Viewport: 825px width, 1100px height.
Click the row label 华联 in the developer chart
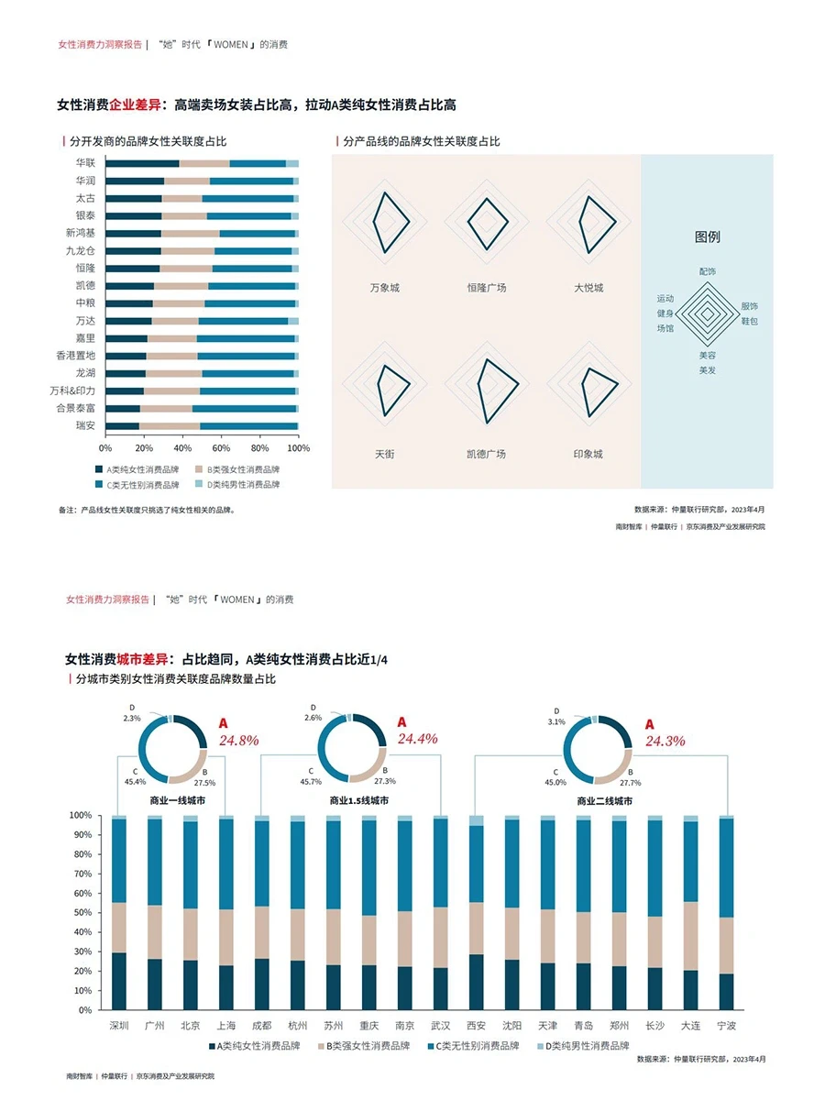coord(85,162)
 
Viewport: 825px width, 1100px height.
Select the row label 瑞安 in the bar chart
coord(85,425)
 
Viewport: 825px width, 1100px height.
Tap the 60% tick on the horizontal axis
coord(221,448)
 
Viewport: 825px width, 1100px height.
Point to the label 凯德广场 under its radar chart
coord(486,454)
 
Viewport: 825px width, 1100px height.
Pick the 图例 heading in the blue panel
coord(707,236)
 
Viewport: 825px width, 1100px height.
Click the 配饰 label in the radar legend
coord(707,271)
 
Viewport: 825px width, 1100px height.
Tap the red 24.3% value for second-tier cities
coord(665,741)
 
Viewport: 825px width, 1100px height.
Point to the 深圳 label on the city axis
coord(119,1025)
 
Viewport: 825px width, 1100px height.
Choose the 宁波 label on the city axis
coord(726,1025)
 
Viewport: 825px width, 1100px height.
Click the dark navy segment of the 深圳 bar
coord(119,981)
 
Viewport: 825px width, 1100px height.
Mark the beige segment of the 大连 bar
coord(690,935)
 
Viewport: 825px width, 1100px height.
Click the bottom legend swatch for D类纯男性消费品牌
coord(540,1046)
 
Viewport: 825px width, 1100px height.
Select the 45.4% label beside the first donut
coord(135,782)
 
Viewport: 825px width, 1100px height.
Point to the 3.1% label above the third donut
coord(555,722)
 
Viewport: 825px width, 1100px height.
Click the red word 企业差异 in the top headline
coord(134,105)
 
